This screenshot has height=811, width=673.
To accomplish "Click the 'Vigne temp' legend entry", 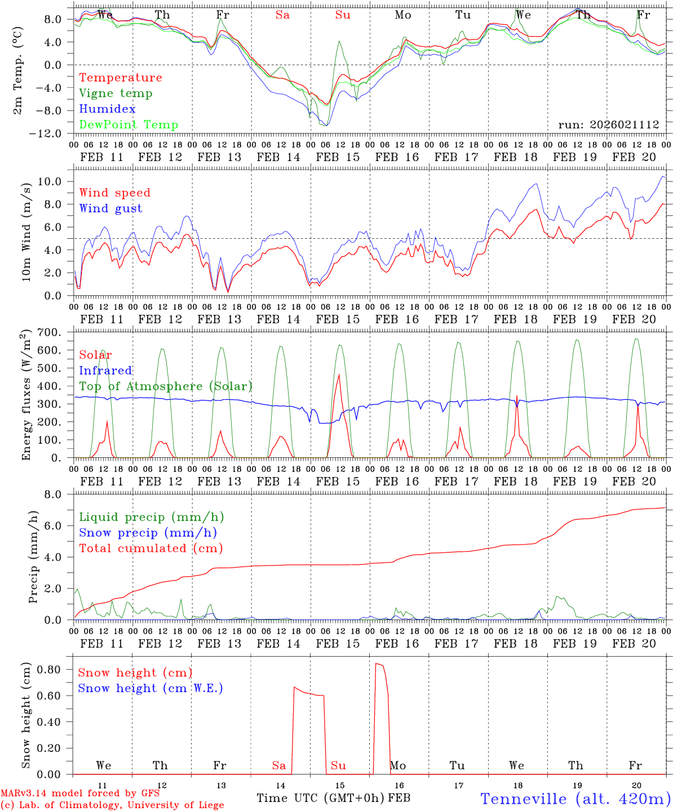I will [x=116, y=93].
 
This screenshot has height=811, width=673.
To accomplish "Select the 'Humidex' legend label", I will [x=107, y=109].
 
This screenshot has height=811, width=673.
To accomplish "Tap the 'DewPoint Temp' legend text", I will [x=129, y=125].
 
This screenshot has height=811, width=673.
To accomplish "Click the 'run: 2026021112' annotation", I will [x=608, y=125].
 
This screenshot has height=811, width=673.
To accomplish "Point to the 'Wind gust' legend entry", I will [x=110, y=208].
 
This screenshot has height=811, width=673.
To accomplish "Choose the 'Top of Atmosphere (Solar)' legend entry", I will [x=165, y=386].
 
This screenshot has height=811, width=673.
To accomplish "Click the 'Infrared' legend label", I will [x=105, y=371].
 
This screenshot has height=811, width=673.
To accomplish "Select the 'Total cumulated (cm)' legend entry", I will [x=150, y=549].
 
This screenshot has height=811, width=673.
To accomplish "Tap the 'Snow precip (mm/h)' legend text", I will [x=148, y=533].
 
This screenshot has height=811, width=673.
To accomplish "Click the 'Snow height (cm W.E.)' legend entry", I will [x=150, y=688].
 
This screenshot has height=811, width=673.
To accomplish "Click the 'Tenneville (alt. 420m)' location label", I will [x=575, y=799].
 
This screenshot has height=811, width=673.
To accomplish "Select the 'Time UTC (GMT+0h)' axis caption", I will [x=320, y=798].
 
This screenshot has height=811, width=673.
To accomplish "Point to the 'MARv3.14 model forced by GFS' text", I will [x=80, y=794].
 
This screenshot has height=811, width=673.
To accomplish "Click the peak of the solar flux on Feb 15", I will [x=339, y=375].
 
